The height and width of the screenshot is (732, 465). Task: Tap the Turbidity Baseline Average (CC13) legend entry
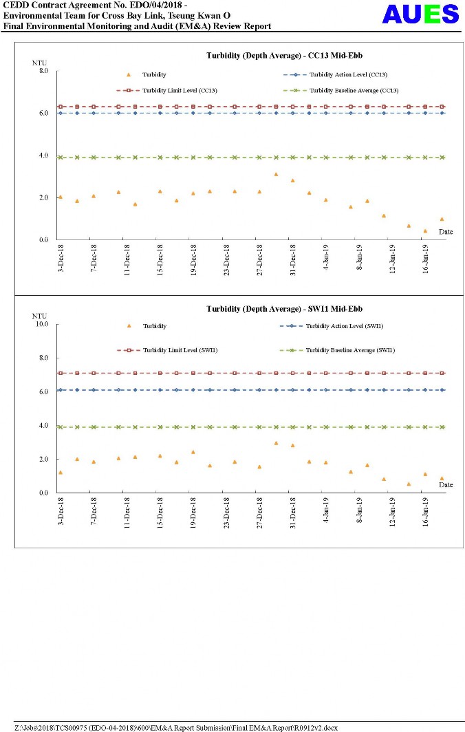point(340,90)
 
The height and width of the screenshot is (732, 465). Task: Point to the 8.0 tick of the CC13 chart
point(43,71)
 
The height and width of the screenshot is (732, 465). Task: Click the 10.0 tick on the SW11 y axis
point(41,324)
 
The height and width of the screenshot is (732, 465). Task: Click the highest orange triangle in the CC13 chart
point(276,174)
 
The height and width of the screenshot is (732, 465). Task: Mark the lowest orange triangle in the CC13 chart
point(425,231)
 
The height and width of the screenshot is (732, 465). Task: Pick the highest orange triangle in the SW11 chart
point(276,443)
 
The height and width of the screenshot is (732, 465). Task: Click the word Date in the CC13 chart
point(446,232)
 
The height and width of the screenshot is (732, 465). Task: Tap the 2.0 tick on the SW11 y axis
point(43,459)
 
